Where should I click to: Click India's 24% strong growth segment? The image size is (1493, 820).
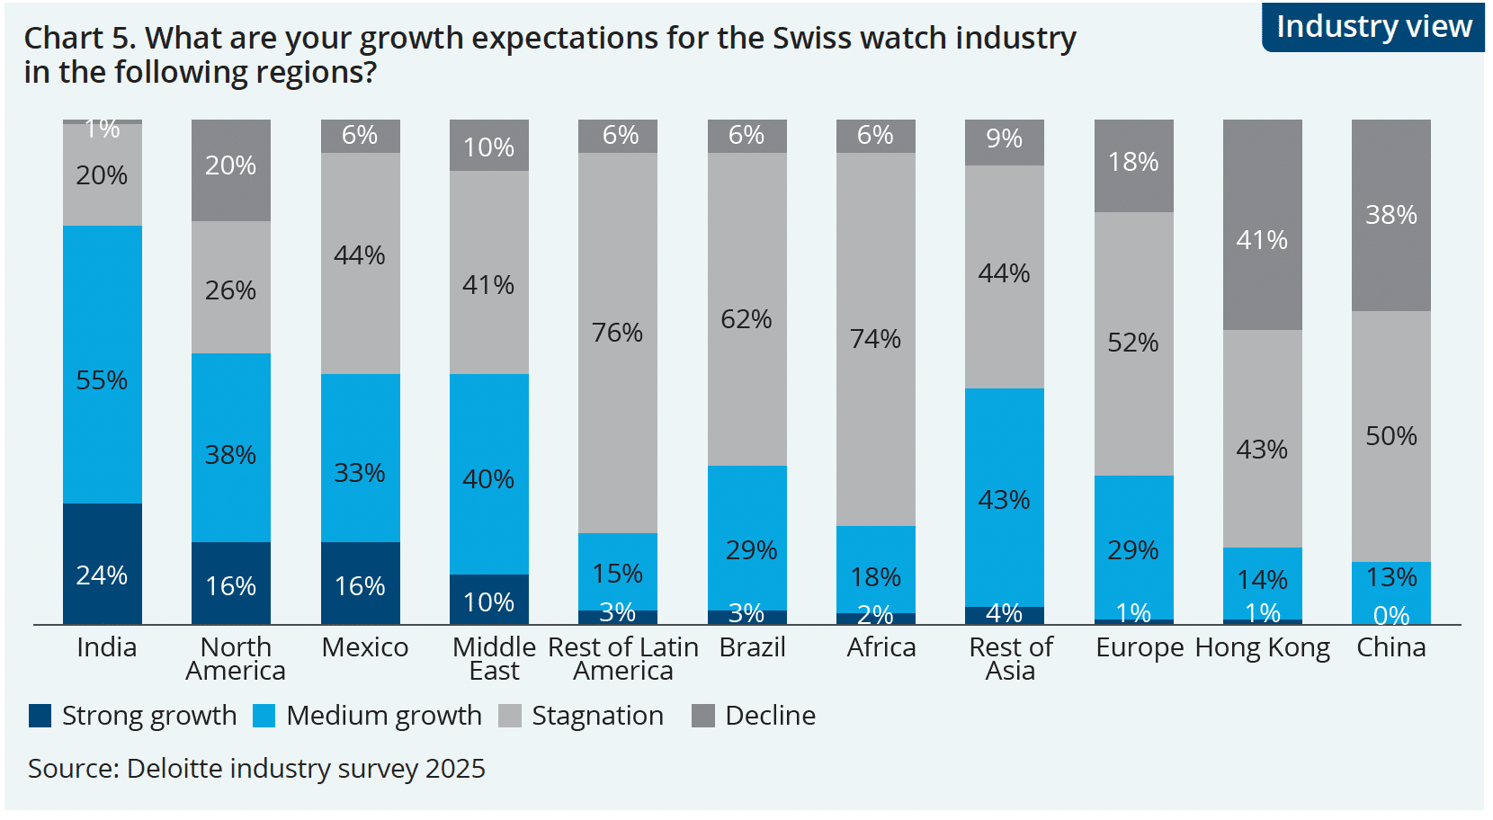(102, 564)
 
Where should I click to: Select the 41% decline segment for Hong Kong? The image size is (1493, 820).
(1262, 225)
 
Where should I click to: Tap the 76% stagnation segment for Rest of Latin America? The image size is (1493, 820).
(617, 343)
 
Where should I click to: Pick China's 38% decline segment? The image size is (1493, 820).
(1390, 216)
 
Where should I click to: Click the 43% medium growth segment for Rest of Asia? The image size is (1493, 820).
(1004, 497)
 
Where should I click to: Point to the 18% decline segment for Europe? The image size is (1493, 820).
(1133, 166)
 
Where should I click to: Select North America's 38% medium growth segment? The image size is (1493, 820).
(230, 447)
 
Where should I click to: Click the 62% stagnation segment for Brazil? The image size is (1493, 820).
(746, 309)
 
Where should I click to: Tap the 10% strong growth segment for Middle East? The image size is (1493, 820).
(488, 599)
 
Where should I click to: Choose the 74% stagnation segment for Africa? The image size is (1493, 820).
(875, 339)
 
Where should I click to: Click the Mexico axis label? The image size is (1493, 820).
(364, 647)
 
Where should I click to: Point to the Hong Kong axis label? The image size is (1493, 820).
(1262, 648)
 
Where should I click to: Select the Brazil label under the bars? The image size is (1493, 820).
(752, 647)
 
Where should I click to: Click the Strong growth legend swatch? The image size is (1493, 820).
(40, 716)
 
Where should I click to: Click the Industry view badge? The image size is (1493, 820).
(1373, 27)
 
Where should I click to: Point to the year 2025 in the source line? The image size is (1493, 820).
(455, 769)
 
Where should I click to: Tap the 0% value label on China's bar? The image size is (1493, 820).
(1390, 616)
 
